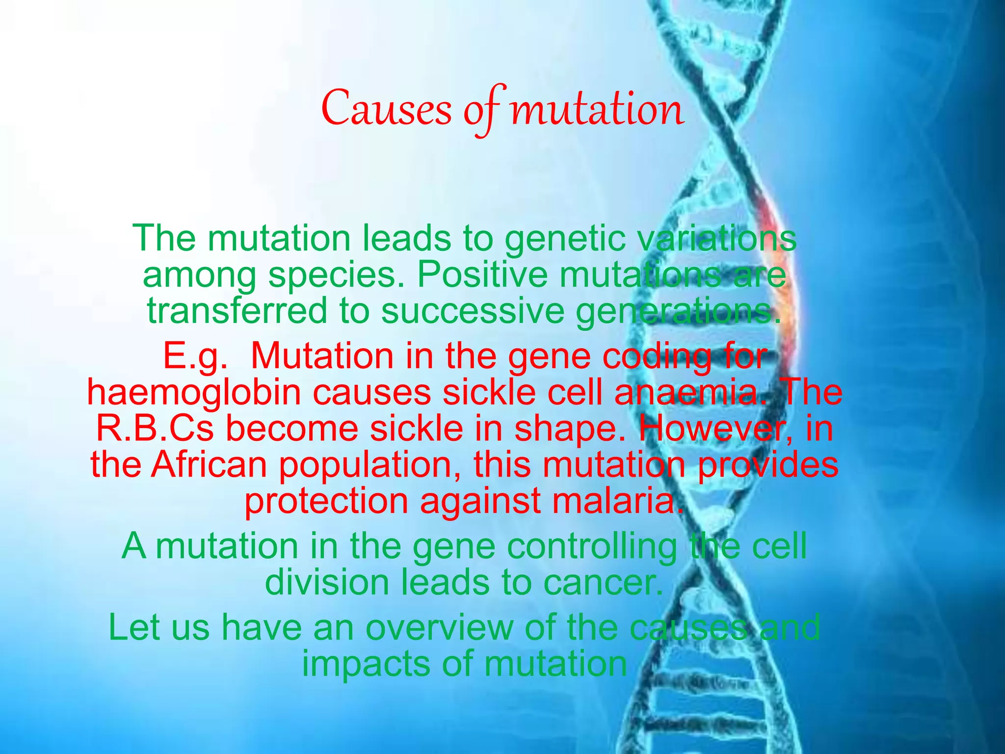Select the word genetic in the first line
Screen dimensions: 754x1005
[565, 239]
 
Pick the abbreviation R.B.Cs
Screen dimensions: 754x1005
[155, 429]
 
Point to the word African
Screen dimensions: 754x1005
[209, 464]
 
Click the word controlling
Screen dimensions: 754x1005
[591, 546]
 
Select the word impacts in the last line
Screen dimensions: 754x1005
[365, 664]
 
